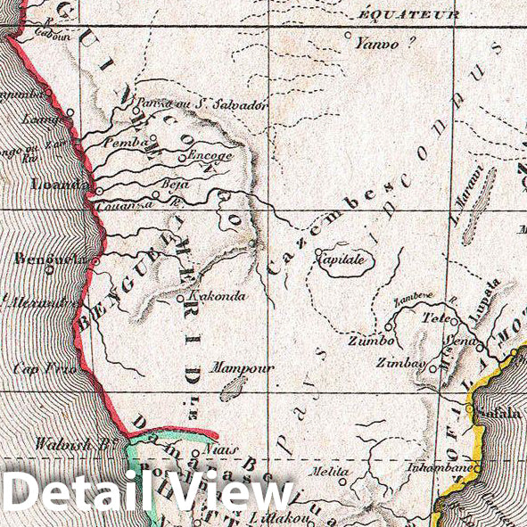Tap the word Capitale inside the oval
click(341, 260)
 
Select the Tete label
click(434, 318)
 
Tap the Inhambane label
click(434, 465)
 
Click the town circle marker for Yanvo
click(350, 36)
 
